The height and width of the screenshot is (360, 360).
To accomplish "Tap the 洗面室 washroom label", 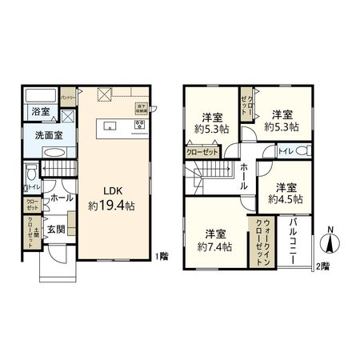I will pos(48,135).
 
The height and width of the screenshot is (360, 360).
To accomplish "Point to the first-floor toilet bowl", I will pos(30,172).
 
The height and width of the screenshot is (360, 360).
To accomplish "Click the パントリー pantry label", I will pos(69,98).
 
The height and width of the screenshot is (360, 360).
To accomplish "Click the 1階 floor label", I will pos(163,256).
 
